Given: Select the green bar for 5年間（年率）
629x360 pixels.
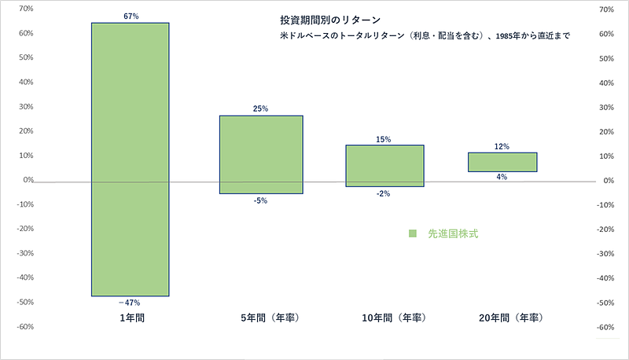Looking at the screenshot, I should pos(261,154).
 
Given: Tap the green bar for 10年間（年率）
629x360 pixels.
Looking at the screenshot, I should pos(385,166).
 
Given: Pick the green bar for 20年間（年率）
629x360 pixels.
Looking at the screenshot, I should pos(502,162).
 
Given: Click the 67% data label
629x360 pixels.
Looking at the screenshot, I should pos(131,17).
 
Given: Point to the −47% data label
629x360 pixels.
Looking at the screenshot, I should pos(131,303).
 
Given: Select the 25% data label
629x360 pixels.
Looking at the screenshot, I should pos(261,109).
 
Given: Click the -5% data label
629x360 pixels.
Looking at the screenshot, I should pos(261,200).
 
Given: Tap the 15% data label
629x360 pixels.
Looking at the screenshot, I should pos(384,139).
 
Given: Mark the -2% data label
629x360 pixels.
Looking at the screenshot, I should pos(384,193).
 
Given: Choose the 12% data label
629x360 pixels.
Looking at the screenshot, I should pos(502,146).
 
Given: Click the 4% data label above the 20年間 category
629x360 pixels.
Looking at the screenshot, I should pos(502,177).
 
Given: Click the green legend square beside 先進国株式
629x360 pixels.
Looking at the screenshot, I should pos(412,233).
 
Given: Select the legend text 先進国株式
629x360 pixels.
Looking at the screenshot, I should pos(453,233).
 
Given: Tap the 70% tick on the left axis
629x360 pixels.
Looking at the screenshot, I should pos(25,9).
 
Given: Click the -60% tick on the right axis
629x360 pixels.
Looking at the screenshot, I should pos(605,327).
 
